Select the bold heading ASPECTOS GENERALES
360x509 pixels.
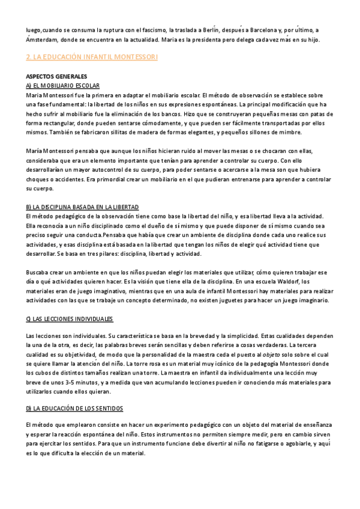click(57, 76)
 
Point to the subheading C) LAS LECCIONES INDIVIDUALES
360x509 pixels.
click(70, 319)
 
